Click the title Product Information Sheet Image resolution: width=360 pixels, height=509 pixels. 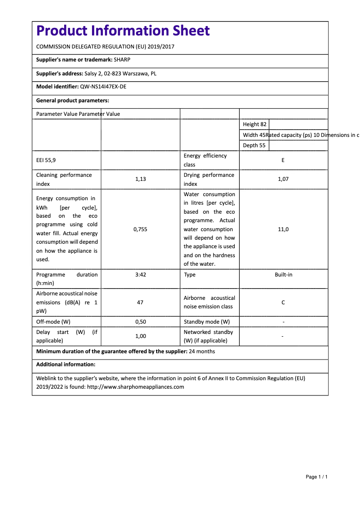(123, 31)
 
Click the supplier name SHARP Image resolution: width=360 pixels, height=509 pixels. (122, 60)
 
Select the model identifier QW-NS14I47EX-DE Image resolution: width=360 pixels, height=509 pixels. (103, 87)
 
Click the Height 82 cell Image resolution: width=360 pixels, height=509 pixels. (255, 124)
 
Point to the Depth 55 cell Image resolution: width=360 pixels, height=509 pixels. (254, 145)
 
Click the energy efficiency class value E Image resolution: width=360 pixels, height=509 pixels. (283, 160)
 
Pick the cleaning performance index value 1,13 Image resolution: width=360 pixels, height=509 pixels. (140, 179)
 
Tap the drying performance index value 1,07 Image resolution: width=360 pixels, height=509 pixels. (283, 179)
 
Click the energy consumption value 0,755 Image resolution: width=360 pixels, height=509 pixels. (140, 229)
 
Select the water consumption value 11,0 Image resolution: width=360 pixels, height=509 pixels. (283, 229)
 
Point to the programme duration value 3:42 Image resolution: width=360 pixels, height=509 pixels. (140, 274)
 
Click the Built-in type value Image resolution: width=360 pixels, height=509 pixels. (283, 274)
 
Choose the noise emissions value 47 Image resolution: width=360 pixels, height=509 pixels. (140, 303)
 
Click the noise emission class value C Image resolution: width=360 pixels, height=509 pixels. (283, 303)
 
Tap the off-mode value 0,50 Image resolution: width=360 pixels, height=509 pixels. (140, 322)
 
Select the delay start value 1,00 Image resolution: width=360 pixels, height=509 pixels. (140, 336)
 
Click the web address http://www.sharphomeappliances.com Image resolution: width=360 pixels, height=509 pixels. (135, 386)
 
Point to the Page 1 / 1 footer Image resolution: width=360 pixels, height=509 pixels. (316, 477)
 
